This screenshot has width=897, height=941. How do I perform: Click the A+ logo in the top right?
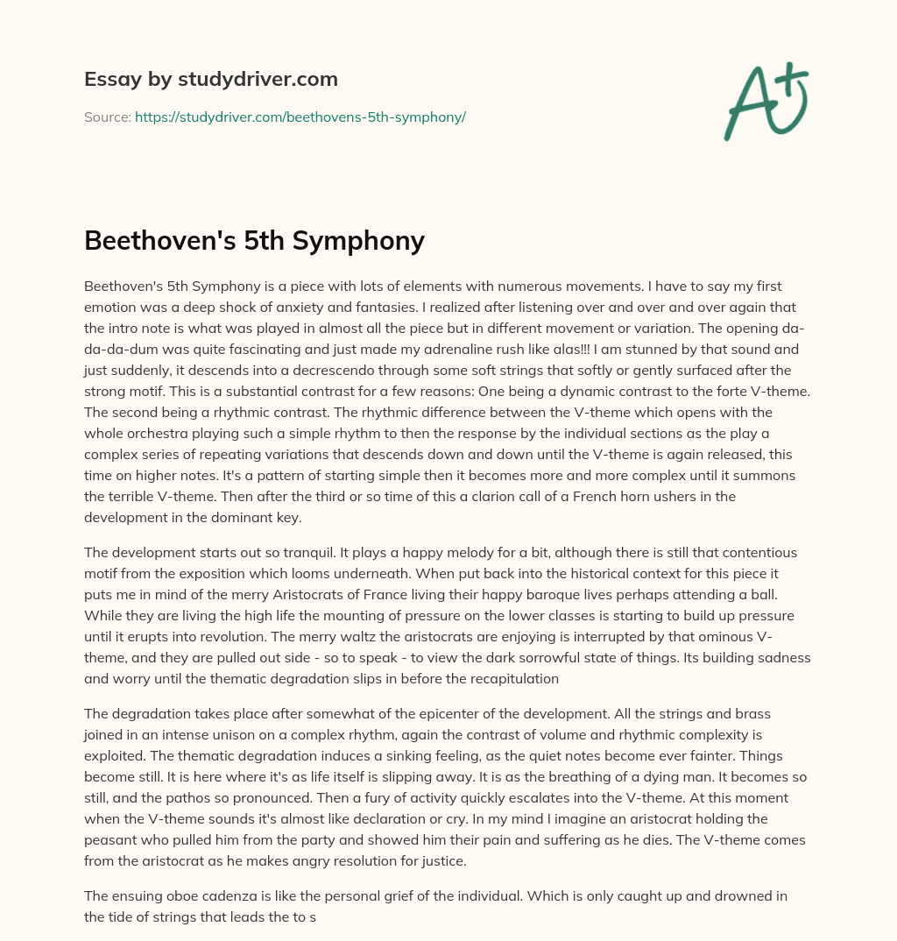pos(765,102)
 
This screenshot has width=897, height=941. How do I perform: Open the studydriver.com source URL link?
pos(300,117)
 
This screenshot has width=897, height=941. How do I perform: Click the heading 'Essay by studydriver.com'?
pos(210,79)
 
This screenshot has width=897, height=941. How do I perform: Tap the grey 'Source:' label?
pos(107,117)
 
